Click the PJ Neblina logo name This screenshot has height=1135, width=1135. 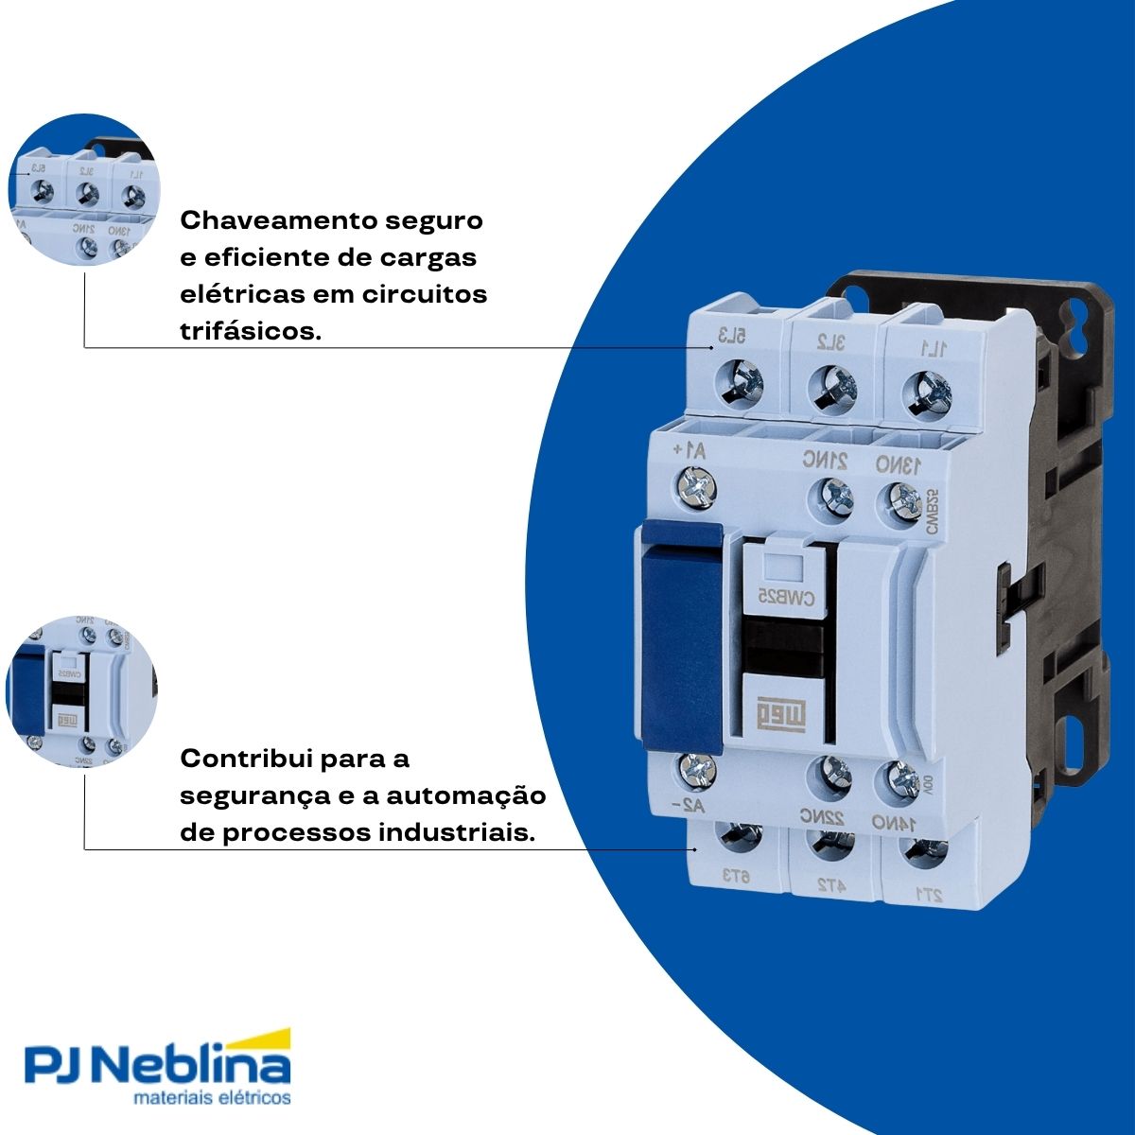(156, 1067)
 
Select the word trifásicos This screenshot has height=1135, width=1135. (249, 331)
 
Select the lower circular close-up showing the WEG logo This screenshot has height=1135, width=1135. (82, 691)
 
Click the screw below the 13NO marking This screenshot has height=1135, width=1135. (903, 499)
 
